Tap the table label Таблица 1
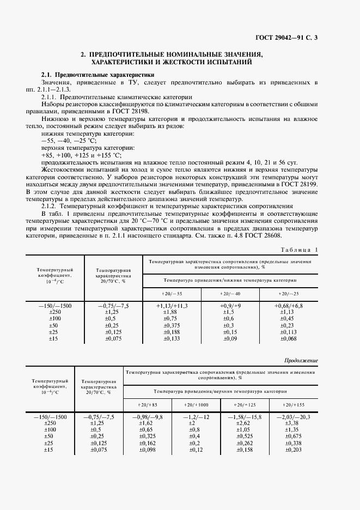click(x=297, y=249)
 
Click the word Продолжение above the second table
click(x=301, y=361)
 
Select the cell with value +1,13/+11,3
click(x=172, y=306)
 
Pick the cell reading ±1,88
click(x=172, y=312)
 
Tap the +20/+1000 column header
click(x=196, y=405)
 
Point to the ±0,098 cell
click(x=148, y=450)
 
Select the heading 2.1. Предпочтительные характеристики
click(x=85, y=74)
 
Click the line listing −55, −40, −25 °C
click(x=69, y=140)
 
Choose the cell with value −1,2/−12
click(x=196, y=417)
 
